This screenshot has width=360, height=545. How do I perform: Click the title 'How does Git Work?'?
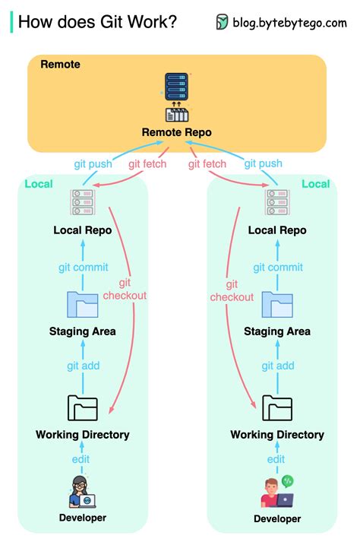pyautogui.click(x=97, y=22)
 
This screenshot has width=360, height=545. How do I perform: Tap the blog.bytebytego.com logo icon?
pyautogui.click(x=222, y=22)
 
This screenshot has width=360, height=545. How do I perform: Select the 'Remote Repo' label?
pyautogui.click(x=176, y=132)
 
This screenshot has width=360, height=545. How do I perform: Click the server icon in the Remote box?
pyautogui.click(x=176, y=86)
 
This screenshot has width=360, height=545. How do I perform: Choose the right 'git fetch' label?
pyautogui.click(x=207, y=163)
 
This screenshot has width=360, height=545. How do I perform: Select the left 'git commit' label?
pyautogui.click(x=83, y=267)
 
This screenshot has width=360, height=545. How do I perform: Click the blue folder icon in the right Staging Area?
pyautogui.click(x=277, y=304)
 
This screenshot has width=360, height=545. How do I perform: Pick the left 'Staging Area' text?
pyautogui.click(x=83, y=331)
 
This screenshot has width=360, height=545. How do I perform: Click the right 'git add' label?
pyautogui.click(x=277, y=366)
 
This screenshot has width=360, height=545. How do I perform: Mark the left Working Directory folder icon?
pyautogui.click(x=83, y=408)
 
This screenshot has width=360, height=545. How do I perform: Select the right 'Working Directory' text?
pyautogui.click(x=277, y=435)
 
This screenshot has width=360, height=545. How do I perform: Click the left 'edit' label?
pyautogui.click(x=81, y=459)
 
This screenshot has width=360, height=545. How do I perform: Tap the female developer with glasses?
pyautogui.click(x=82, y=491)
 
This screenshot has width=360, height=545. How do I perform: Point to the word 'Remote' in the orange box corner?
pyautogui.click(x=60, y=65)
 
